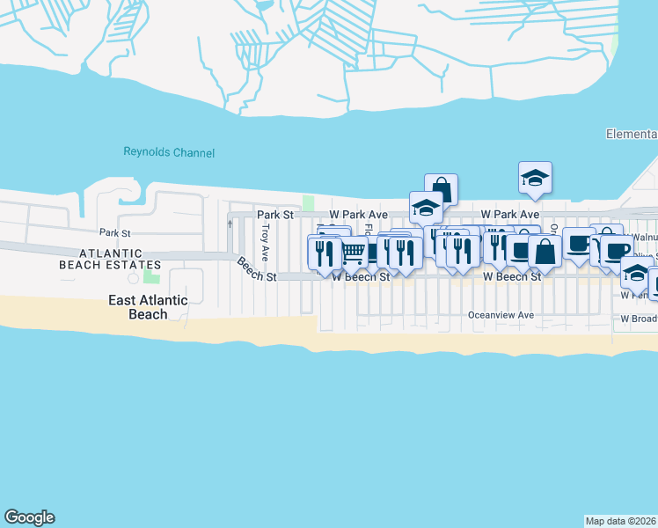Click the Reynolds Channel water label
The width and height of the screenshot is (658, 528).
click(x=168, y=153)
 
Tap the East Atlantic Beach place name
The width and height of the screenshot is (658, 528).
click(x=148, y=307)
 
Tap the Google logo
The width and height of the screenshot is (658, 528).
click(x=29, y=517)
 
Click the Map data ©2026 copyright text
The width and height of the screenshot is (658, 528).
click(x=620, y=521)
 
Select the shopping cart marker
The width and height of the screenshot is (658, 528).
click(x=354, y=252)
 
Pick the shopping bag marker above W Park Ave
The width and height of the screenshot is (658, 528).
click(x=441, y=189)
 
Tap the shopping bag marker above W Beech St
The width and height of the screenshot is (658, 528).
click(x=545, y=251)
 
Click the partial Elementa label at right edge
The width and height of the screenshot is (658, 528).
click(x=632, y=135)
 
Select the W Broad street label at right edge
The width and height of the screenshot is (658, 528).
click(x=640, y=319)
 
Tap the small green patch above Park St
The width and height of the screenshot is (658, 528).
click(x=308, y=203)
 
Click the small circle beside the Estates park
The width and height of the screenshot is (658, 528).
click(x=133, y=279)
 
